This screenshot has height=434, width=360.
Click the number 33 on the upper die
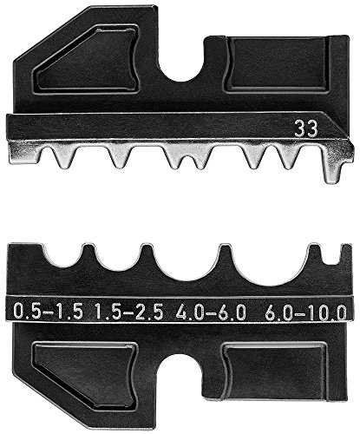pos(306,129)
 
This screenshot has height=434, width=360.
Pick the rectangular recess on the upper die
pos(278,64)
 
